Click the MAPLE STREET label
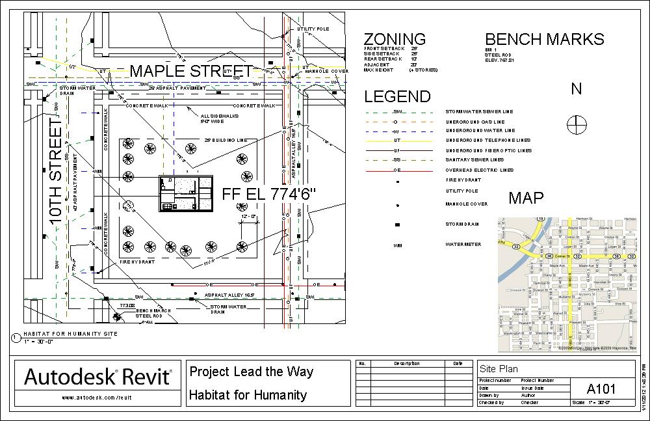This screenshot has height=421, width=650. point(191,71)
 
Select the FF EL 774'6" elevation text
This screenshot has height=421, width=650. point(268,194)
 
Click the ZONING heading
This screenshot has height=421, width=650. point(395,39)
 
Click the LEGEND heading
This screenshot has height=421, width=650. point(397,97)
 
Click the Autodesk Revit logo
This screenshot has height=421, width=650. point(99,377)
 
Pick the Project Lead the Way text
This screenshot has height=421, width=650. point(251,372)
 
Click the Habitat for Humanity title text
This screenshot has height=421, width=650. point(248,394)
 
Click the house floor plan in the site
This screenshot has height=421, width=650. point(187,194)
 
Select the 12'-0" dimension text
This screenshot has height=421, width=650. point(250,215)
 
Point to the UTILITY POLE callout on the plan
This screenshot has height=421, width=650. point(313,29)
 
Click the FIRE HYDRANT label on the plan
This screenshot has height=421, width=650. point(137,262)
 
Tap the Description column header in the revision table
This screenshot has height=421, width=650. point(407,363)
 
